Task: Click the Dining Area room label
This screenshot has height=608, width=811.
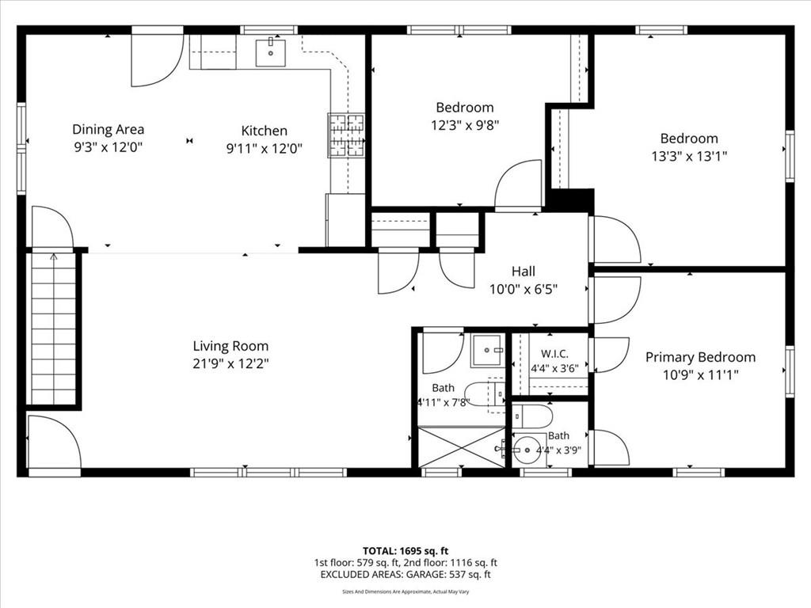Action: pos(108,129)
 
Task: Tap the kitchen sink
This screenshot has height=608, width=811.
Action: pos(271,51)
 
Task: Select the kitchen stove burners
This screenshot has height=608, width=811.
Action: pos(346,135)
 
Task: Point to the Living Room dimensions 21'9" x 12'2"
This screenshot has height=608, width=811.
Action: pos(230,363)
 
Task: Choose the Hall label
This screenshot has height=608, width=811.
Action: pos(524,272)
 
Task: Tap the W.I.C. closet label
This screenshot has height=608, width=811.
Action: pos(554,354)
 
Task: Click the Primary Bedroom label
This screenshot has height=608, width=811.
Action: pos(700,357)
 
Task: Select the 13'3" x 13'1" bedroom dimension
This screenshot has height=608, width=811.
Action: pos(689,156)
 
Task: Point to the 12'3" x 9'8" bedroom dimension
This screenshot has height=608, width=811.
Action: pos(465,125)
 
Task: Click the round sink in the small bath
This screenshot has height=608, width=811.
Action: pos(526,449)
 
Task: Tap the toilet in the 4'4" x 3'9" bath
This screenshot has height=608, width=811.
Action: pos(532,416)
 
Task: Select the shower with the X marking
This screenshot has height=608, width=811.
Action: pos(462,447)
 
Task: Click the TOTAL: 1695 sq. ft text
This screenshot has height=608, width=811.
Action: pos(405,551)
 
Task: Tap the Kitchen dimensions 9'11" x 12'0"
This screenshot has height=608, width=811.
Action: pos(265,149)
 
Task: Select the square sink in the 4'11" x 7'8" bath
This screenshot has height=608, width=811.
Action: pos(486,351)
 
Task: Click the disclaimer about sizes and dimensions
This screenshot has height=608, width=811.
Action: pos(405,592)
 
